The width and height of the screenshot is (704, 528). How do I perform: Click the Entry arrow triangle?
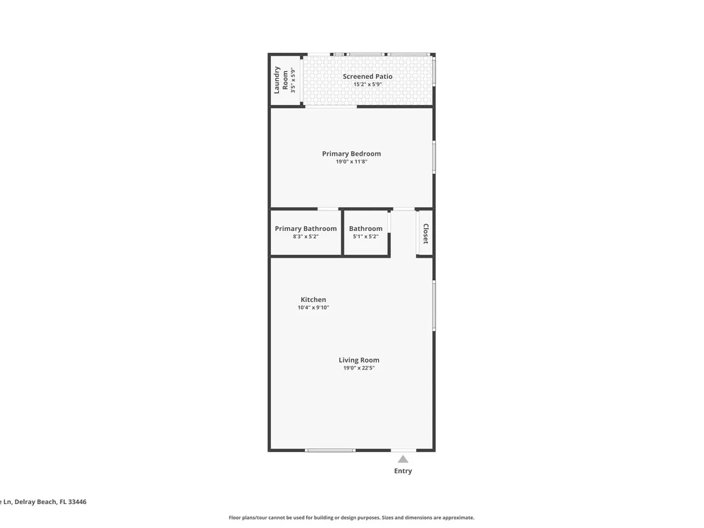tap(403, 459)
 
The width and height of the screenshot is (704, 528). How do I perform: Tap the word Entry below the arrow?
tap(403, 471)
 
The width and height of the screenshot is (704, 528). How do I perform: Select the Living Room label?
tap(359, 360)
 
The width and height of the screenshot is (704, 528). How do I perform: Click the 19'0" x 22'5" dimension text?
tap(359, 368)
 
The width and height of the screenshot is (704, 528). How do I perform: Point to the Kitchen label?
tap(313, 299)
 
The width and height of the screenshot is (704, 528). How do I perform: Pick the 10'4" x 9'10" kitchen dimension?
tap(313, 308)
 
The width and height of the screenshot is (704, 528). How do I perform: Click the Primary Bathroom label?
tap(306, 229)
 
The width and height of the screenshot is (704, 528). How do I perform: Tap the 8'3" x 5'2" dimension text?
tap(306, 237)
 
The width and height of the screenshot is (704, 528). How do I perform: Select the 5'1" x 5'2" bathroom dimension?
tap(365, 237)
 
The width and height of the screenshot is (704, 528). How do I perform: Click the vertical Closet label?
tap(426, 234)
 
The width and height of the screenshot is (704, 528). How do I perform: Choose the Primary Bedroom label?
tap(351, 153)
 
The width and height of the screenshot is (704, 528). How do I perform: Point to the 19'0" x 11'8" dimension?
tap(351, 162)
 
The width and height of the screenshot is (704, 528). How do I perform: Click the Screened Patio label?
tap(367, 76)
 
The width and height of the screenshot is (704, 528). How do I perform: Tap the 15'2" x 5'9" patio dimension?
tap(367, 84)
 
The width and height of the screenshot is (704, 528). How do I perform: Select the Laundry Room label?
tap(281, 80)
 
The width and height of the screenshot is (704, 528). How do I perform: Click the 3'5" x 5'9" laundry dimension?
tap(293, 80)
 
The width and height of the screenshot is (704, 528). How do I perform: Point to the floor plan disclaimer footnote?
tap(351, 517)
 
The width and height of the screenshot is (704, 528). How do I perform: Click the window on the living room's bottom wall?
tap(330, 450)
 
